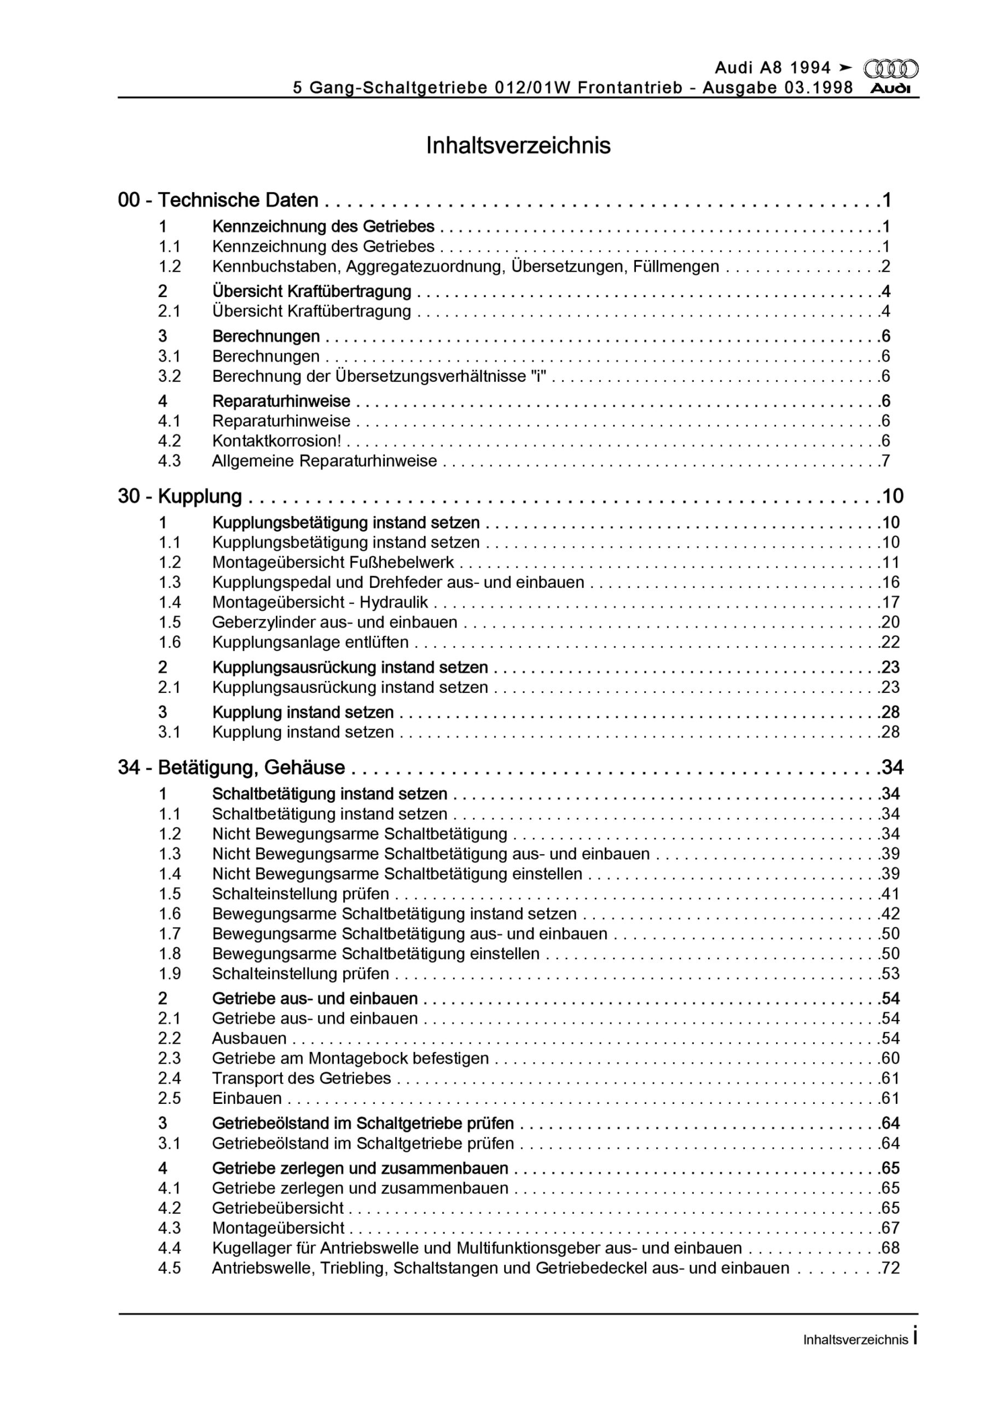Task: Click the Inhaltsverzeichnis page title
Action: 518,146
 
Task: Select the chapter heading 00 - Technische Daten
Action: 218,200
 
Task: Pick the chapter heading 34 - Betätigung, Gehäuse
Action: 231,767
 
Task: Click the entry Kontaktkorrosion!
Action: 276,441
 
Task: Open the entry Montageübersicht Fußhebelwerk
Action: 333,562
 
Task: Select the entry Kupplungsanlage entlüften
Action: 310,642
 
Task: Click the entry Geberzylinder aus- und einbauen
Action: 334,622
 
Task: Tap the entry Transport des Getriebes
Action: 302,1078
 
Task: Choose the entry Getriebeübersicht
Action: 277,1208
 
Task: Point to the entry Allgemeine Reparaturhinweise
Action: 324,461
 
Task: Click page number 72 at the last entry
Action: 890,1268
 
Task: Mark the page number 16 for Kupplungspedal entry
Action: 890,582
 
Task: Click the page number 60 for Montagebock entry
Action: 890,1058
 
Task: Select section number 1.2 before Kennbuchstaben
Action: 170,267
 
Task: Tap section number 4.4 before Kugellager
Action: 170,1248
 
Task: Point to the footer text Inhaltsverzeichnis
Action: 855,1340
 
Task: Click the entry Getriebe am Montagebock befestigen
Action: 350,1058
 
